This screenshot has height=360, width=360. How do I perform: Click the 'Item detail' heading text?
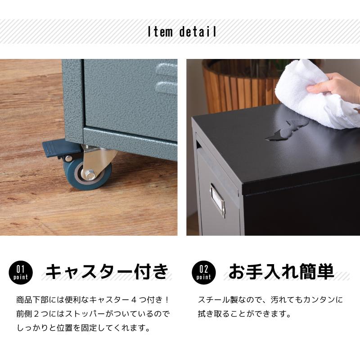click(182, 32)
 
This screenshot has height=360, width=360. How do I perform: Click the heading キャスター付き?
click(108, 271)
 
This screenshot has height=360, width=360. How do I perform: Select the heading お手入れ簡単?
click(281, 271)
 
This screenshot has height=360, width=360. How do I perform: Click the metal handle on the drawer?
click(218, 198)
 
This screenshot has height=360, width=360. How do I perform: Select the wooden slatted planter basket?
click(238, 85)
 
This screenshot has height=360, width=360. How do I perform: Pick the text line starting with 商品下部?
click(92, 300)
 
